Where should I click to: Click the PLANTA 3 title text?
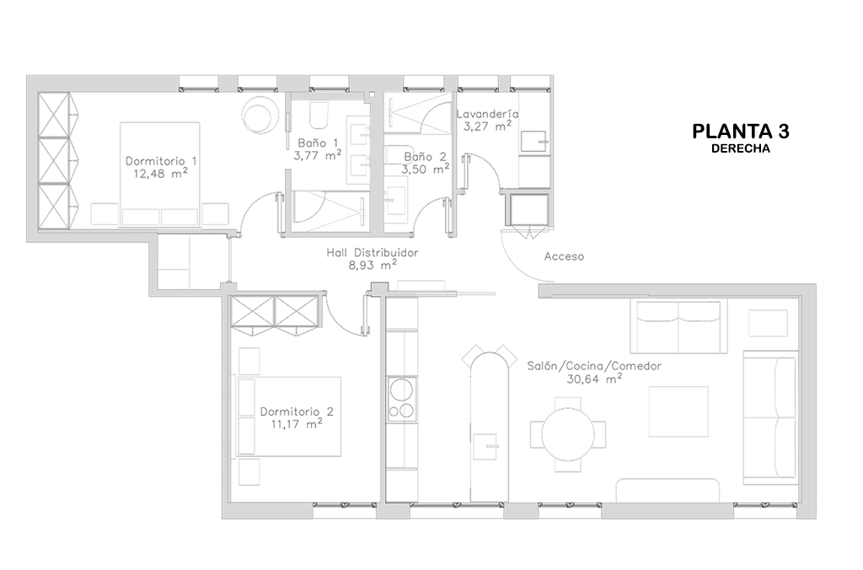pos(740,132)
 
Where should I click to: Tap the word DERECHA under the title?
pos(740,148)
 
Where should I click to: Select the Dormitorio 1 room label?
pos(161,161)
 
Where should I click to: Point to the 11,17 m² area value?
pos(297,424)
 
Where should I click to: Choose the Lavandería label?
pos(488,114)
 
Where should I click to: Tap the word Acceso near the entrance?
pos(564,256)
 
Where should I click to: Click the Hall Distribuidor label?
pos(372,253)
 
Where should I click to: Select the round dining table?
pos(568,435)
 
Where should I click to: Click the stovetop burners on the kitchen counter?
pos(401,400)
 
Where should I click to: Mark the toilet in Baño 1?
pos(319,114)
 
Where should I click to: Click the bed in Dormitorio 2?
pos(289,417)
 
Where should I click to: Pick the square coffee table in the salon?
pos(678,411)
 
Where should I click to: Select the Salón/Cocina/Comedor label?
pos(594,366)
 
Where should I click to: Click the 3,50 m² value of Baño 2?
pos(425,169)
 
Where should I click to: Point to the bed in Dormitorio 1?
pos(160,174)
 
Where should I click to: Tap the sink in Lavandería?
pos(533,142)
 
